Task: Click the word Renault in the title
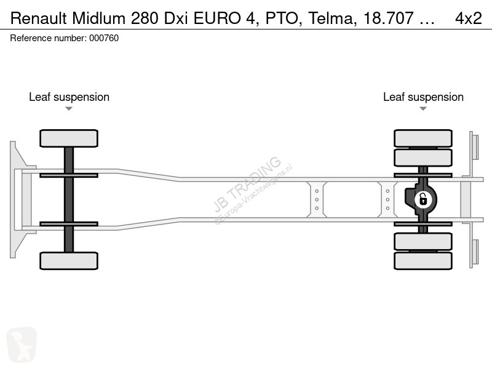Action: point(39,18)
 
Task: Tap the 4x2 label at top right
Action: point(469,18)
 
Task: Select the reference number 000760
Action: point(104,38)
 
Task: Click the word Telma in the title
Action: point(333,18)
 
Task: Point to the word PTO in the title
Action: point(284,18)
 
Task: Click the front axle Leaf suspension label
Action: point(69,97)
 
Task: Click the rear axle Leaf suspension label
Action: point(423,97)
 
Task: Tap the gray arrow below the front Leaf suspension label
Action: point(69,109)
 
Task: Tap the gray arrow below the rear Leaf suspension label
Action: point(423,109)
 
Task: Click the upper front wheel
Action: point(69,138)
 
